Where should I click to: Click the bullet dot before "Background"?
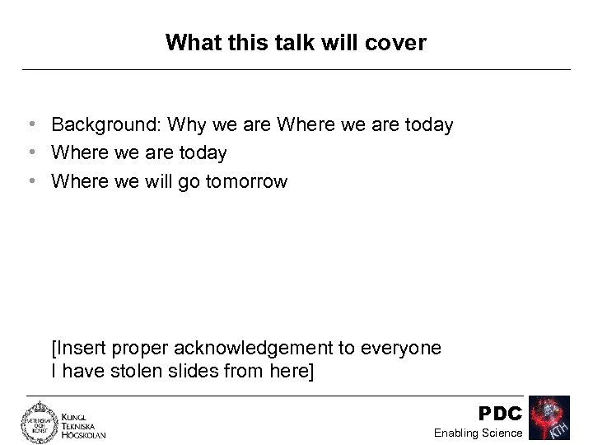coord(30,125)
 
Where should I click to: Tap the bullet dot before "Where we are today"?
coord(30,153)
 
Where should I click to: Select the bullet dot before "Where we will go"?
coord(30,181)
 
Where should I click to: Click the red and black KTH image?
coord(550,419)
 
